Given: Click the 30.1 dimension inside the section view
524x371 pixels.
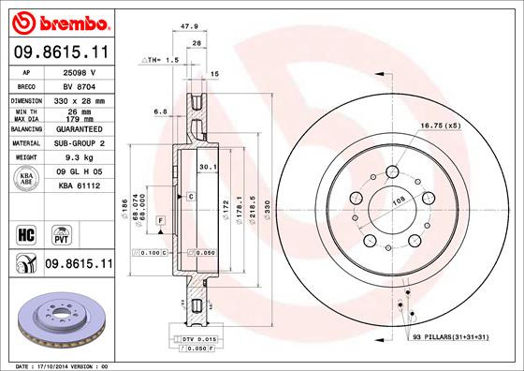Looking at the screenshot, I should [x=208, y=167].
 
